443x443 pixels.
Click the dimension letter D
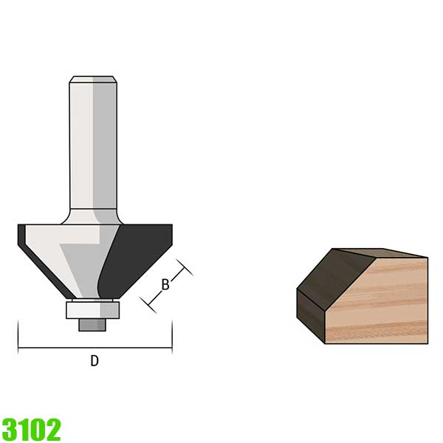[95, 361]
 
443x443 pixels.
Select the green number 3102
[31, 428]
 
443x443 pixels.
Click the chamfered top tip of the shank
[93, 79]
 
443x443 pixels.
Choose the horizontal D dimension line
[95, 347]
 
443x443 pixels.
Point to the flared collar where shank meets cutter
[93, 216]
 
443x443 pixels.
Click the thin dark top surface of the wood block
[377, 253]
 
